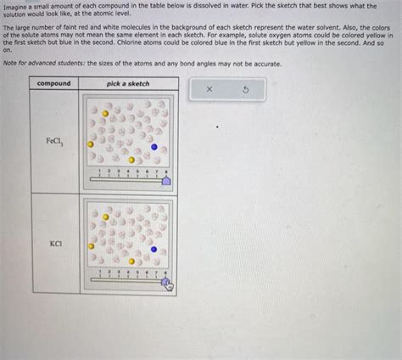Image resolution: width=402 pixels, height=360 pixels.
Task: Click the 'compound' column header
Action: point(54,83)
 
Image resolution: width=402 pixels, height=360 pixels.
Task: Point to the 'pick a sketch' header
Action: point(128,83)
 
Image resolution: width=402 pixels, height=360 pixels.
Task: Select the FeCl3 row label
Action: point(53,141)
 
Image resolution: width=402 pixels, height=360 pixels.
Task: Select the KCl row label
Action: point(54,243)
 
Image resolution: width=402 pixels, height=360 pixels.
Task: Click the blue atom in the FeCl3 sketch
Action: point(154,146)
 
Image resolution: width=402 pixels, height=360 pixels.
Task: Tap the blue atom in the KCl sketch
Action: point(154,249)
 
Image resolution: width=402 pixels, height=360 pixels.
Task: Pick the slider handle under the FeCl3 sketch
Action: point(166,180)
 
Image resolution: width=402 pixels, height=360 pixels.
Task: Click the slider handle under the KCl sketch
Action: point(166,284)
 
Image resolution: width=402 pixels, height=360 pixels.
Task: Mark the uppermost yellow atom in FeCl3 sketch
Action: point(105,113)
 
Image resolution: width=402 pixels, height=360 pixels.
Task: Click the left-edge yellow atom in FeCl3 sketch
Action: point(91,144)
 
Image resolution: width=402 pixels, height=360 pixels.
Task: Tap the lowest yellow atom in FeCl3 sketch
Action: point(131,160)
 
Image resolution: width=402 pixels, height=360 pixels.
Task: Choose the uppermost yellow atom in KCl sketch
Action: point(105,217)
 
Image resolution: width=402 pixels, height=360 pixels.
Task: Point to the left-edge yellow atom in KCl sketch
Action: point(91,247)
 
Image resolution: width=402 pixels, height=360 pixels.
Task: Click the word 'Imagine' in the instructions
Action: point(16,6)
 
